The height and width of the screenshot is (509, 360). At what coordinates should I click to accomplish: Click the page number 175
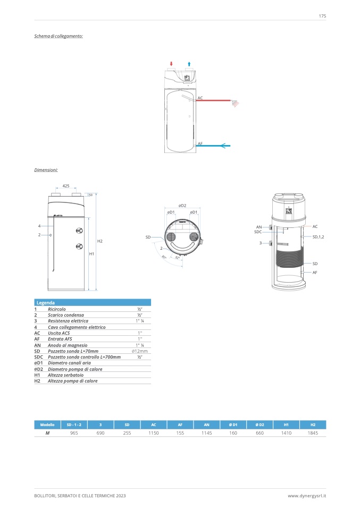(322, 16)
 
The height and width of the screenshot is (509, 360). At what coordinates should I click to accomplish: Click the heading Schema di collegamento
(58, 36)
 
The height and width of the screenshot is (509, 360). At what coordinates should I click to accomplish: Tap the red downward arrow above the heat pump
(171, 63)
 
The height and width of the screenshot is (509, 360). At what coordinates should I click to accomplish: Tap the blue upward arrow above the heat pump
(189, 63)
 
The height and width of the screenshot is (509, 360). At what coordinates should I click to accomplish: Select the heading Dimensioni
(46, 170)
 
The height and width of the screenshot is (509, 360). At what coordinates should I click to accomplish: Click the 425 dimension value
(66, 186)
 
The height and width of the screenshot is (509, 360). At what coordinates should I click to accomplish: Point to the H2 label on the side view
(99, 241)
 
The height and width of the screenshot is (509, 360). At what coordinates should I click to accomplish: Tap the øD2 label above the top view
(182, 205)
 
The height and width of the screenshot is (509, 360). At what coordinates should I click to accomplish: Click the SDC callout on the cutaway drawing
(258, 232)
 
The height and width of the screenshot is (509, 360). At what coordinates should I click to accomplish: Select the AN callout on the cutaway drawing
(259, 227)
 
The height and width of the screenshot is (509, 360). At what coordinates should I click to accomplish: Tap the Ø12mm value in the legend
(139, 351)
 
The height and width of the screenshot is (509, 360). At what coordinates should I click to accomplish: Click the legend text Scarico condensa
(66, 315)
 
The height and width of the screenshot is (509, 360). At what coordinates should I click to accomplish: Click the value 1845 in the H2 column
(313, 434)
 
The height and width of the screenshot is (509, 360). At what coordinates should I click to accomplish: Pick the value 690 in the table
(101, 434)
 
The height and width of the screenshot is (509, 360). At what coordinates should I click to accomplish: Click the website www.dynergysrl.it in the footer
(307, 496)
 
